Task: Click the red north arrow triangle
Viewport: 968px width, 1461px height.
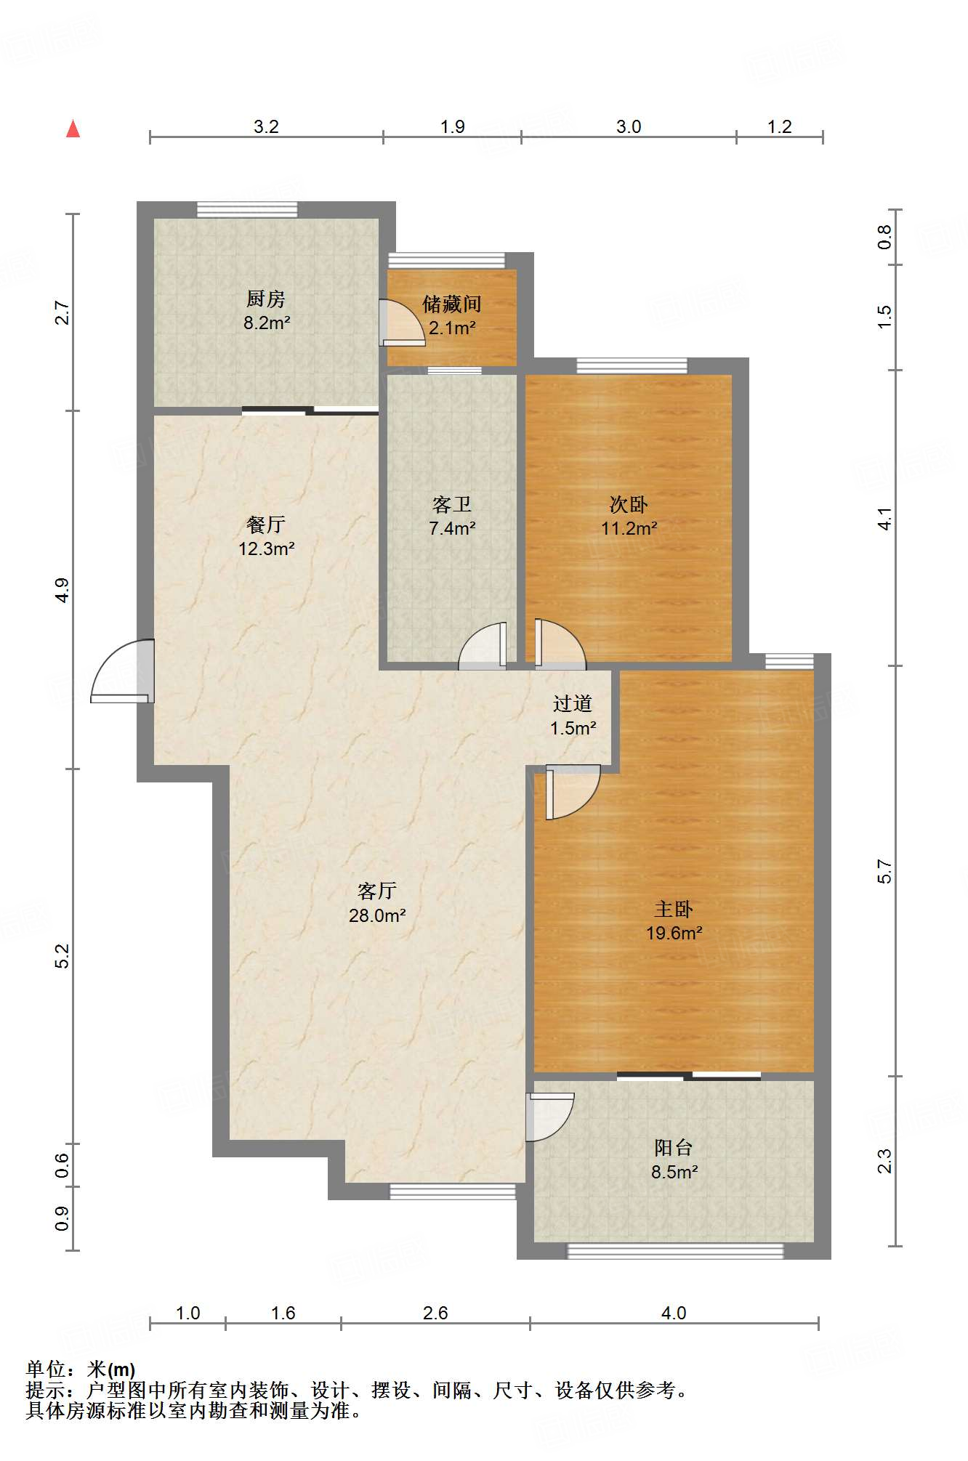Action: [x=73, y=129]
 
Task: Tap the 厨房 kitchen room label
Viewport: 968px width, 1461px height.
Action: [x=266, y=299]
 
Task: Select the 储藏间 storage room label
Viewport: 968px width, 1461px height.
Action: [x=452, y=304]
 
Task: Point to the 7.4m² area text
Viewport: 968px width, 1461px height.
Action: [x=452, y=528]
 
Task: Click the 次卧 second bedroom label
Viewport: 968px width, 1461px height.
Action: [x=629, y=504]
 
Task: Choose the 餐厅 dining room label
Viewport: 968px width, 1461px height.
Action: [x=266, y=525]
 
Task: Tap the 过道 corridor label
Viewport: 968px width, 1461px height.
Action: [x=573, y=703]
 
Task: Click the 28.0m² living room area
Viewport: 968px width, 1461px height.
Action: [x=377, y=915]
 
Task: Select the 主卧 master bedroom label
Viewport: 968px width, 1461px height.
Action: [x=674, y=909]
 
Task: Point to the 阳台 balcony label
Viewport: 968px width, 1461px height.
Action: [x=674, y=1148]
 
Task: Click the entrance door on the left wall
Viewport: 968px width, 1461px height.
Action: [x=123, y=671]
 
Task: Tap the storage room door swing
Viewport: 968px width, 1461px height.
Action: [x=402, y=323]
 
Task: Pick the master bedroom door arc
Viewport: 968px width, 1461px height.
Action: [x=573, y=792]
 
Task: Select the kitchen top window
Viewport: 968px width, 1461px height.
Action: [x=247, y=209]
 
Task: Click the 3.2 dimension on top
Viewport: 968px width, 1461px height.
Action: [x=266, y=126]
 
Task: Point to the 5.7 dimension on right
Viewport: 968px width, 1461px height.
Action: [x=884, y=871]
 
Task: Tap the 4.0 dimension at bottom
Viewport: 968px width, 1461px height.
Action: [x=674, y=1313]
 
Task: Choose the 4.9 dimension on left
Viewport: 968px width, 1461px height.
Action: [x=62, y=589]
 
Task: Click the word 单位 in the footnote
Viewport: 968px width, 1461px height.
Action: [x=46, y=1369]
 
